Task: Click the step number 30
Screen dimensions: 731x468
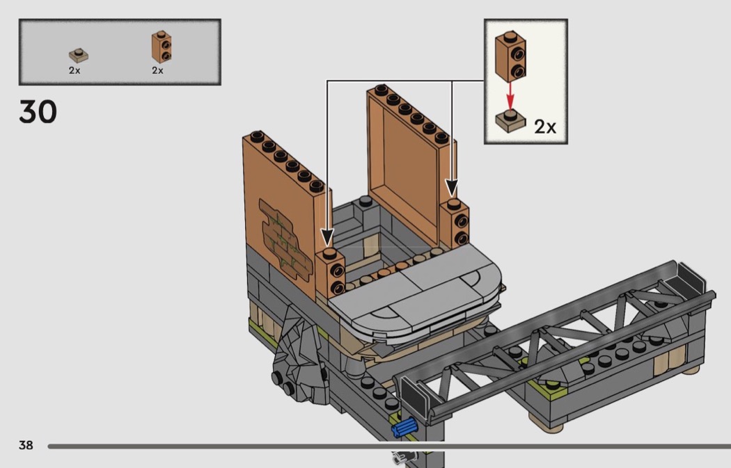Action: [x=38, y=112]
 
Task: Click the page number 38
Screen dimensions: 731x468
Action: [x=26, y=445]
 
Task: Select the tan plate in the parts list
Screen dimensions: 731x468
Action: [x=78, y=56]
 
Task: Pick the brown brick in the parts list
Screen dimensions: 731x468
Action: [x=162, y=47]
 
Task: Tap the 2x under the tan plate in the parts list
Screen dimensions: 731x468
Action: [x=74, y=70]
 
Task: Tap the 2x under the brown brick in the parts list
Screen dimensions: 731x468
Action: [x=157, y=70]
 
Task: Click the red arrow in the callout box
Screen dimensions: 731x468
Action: [x=510, y=95]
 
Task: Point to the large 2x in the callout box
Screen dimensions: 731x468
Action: [x=545, y=126]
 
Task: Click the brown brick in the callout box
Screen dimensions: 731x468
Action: [x=510, y=56]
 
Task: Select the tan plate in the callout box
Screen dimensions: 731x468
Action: [x=510, y=121]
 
